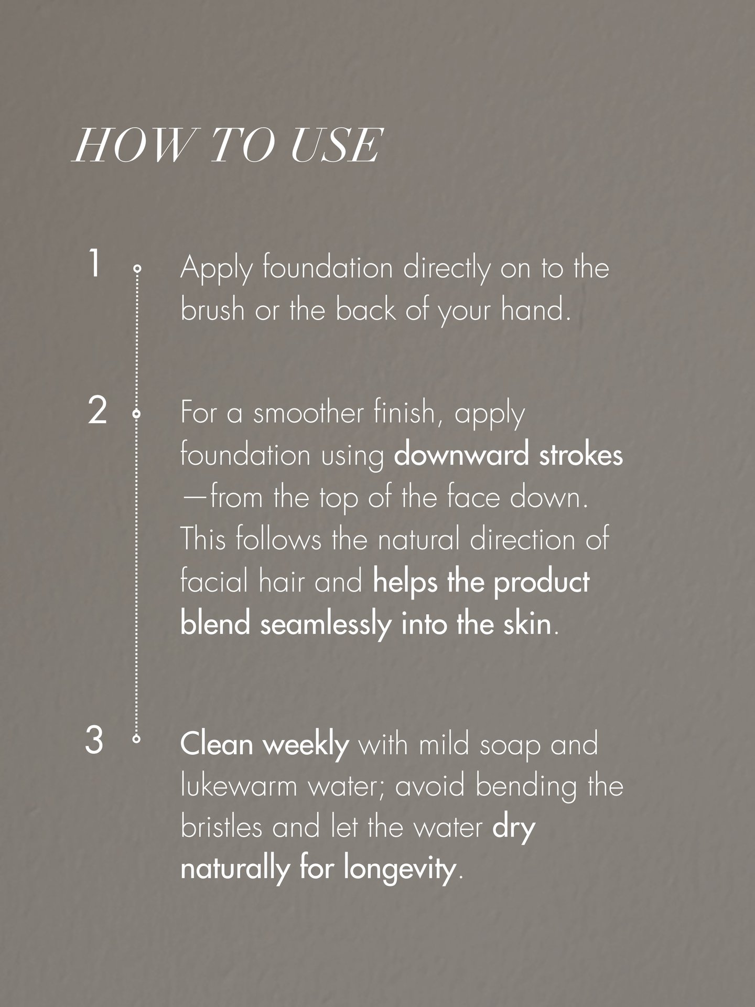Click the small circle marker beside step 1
coord(137,269)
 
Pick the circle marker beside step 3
coord(137,740)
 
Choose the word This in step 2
coord(204,539)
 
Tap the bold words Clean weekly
coord(265,744)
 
